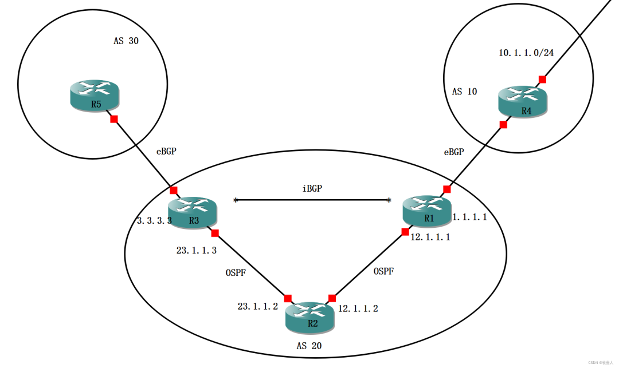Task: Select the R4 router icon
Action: coord(523,101)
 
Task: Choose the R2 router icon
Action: coord(310,316)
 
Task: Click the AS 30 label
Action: coord(126,41)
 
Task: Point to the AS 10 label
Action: coord(464,92)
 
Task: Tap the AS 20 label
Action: coord(309,346)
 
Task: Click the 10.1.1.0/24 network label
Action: coord(526,53)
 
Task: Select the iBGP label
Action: coord(312,188)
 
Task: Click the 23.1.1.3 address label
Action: coord(197,250)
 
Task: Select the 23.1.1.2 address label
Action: coord(258,307)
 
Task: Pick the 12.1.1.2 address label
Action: coord(358,308)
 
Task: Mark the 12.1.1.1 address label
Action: coord(430,237)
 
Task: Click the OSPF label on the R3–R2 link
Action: coord(236,273)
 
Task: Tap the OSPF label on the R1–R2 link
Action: coord(383,271)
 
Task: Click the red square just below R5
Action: coord(114,119)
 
